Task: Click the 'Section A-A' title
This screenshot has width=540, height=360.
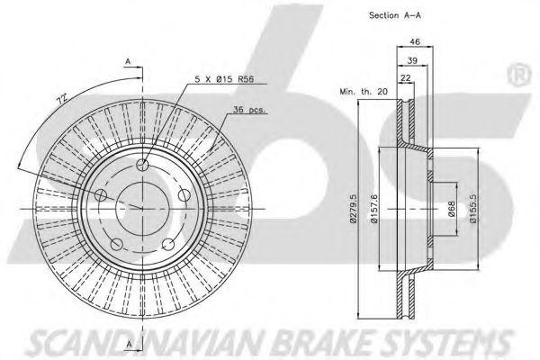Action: click(394, 15)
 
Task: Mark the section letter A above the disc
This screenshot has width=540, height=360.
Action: click(130, 61)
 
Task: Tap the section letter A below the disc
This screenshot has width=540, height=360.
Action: click(130, 344)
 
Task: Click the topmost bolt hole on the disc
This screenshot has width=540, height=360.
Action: click(142, 165)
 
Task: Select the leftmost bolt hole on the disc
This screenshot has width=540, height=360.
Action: click(101, 196)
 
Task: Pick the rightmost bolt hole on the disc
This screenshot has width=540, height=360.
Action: click(184, 194)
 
